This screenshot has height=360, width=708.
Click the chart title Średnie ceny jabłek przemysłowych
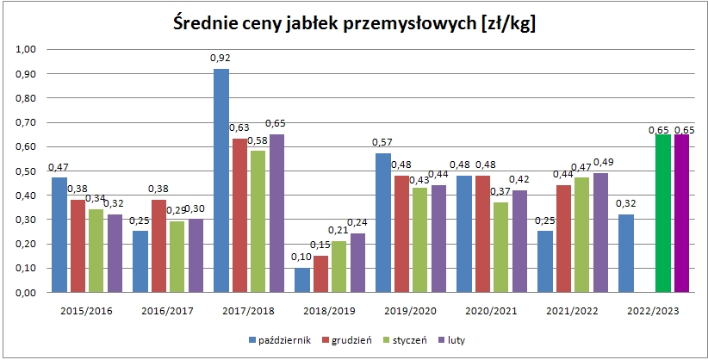tap(353, 23)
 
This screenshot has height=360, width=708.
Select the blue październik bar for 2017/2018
tap(221, 180)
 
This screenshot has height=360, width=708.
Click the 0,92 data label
tap(221, 59)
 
